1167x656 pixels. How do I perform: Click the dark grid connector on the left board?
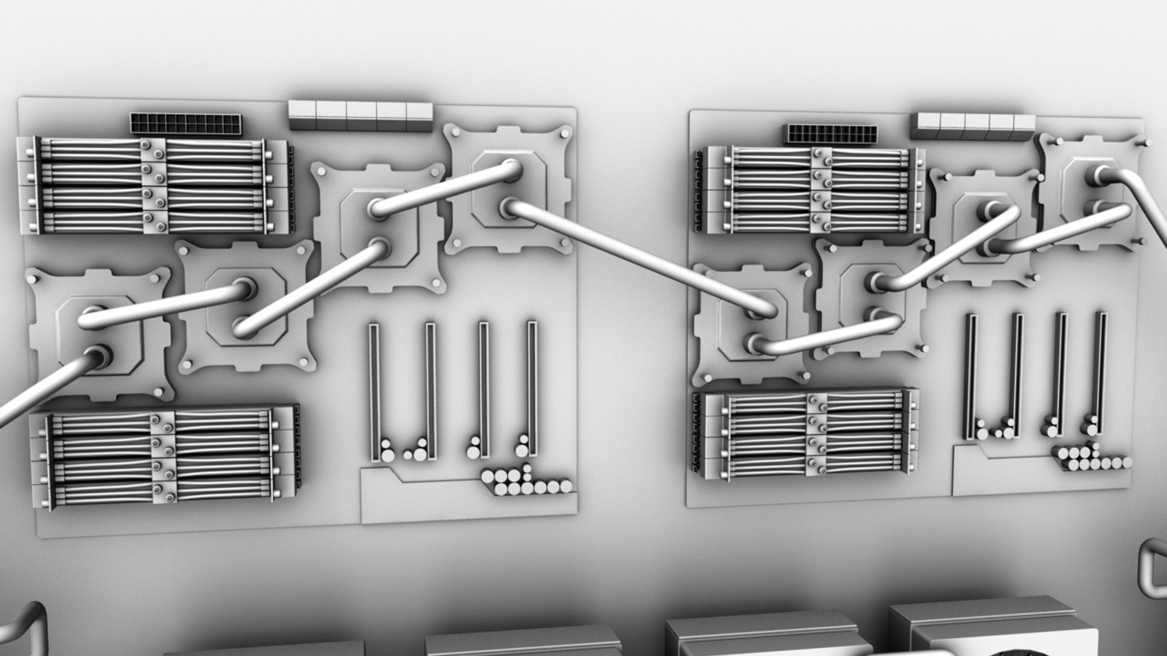click(185, 125)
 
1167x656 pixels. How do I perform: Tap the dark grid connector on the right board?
click(833, 134)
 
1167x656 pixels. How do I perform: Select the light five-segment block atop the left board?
click(360, 115)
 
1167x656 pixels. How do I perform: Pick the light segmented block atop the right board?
click(976, 126)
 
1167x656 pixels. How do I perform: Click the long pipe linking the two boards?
click(638, 258)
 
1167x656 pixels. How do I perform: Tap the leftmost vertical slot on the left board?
click(373, 392)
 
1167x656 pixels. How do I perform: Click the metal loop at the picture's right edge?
click(1152, 568)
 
